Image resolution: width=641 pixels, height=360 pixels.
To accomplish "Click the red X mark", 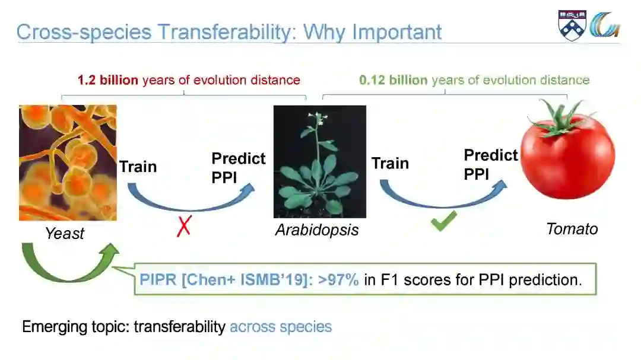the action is (184, 226).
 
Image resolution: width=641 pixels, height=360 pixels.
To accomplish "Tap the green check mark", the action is (443, 221).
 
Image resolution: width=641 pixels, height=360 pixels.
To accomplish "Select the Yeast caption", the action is (65, 233).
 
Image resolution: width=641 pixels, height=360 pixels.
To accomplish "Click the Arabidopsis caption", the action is (317, 230).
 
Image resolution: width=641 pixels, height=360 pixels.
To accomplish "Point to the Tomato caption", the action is (572, 229).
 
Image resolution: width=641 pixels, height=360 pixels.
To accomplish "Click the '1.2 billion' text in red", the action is (108, 79).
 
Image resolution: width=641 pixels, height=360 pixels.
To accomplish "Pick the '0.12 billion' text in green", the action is (394, 79).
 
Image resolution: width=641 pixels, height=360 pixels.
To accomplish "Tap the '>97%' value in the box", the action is (338, 280).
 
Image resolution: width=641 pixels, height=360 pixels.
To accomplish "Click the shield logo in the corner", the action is (572, 26).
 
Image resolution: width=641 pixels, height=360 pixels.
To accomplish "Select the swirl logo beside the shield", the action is (605, 24).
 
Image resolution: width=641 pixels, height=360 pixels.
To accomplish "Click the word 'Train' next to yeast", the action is (138, 167).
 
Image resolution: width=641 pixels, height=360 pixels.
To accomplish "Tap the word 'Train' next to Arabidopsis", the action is (390, 164).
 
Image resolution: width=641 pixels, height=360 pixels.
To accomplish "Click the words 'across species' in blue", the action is (281, 327).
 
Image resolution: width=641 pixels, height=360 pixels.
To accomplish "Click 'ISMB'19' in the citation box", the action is (273, 280).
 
